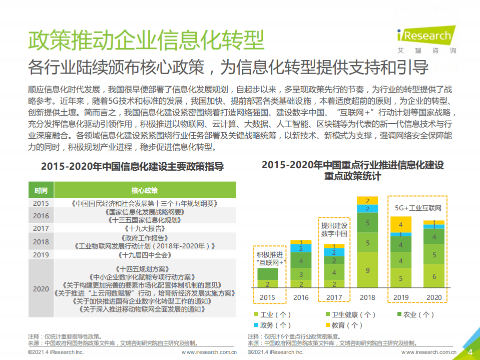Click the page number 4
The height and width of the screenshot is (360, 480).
click(469, 352)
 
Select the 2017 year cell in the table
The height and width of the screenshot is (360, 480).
click(41, 228)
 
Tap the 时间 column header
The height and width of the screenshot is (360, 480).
click(41, 191)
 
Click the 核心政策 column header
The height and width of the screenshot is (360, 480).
click(145, 191)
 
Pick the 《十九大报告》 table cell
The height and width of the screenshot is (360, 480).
click(145, 228)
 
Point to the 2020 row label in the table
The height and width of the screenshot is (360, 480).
click(41, 289)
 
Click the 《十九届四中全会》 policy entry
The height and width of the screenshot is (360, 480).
click(145, 255)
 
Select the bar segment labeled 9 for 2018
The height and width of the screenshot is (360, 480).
click(367, 270)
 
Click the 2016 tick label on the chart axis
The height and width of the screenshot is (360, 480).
click(301, 297)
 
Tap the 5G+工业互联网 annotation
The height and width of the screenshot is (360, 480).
click(415, 208)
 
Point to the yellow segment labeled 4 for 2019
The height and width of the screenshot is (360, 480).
click(400, 224)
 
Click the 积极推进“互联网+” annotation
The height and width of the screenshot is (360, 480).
click(269, 258)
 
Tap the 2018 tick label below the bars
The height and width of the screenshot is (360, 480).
click(367, 297)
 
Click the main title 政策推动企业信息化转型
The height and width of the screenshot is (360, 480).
click(146, 40)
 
